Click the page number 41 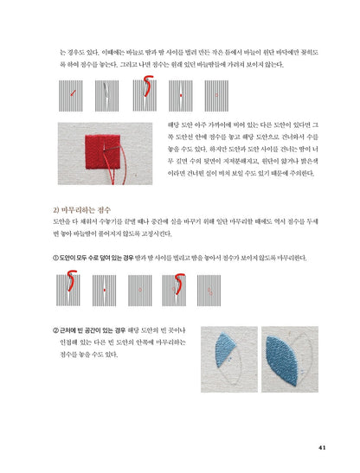pyautogui.click(x=321, y=447)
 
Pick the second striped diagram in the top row pyautogui.click(x=107, y=92)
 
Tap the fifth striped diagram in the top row pyautogui.click(x=216, y=92)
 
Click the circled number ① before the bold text pyautogui.click(x=56, y=258)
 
